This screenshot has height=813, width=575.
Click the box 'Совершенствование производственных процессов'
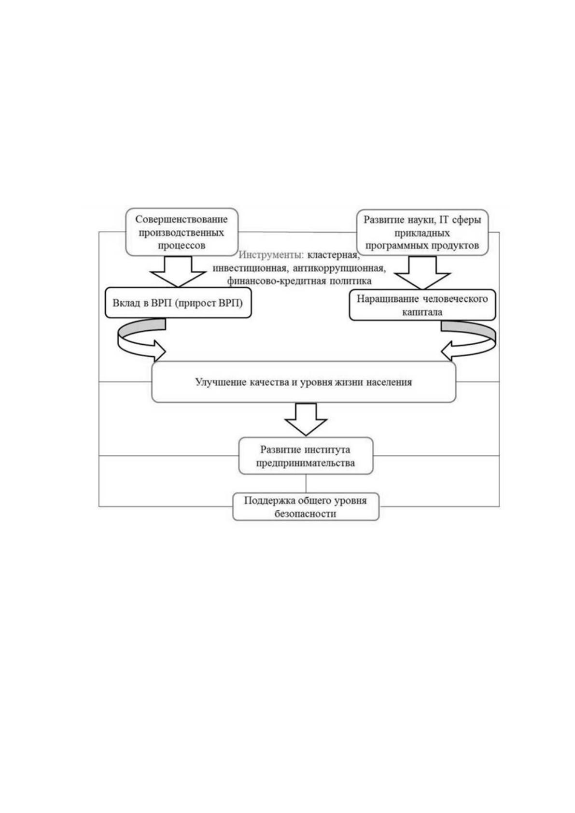pyautogui.click(x=181, y=232)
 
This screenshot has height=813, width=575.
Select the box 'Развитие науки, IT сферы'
pyautogui.click(x=422, y=232)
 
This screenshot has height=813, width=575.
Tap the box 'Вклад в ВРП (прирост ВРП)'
pyautogui.click(x=178, y=303)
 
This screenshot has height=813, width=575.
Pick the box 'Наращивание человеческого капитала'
pyautogui.click(x=422, y=305)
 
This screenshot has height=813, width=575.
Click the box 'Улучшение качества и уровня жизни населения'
pyautogui.click(x=304, y=382)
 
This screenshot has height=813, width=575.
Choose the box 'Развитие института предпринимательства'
pyautogui.click(x=306, y=456)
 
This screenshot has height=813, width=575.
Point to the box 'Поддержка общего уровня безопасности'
pyautogui.click(x=306, y=506)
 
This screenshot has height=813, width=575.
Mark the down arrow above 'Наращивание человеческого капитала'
pyautogui.click(x=422, y=273)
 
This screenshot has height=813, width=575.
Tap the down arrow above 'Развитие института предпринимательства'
pyautogui.click(x=306, y=419)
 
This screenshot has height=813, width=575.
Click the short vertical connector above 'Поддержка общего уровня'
pyautogui.click(x=306, y=483)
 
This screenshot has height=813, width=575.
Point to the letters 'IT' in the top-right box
pyautogui.click(x=445, y=220)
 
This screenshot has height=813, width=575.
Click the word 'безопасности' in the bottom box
pyautogui.click(x=305, y=514)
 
